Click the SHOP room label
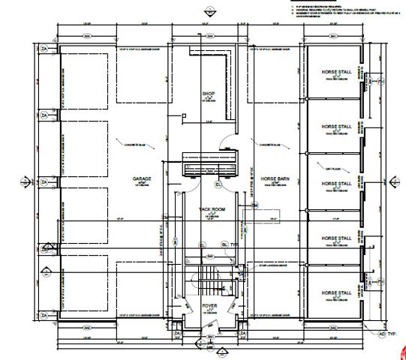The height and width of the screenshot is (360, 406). click(209, 94)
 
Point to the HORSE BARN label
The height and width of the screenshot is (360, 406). click(275, 180)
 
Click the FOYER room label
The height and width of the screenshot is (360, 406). click(209, 307)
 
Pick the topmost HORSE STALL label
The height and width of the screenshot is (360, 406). click(335, 72)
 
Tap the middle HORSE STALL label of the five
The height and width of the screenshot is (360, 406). click(335, 183)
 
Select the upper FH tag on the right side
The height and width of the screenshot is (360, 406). click(380, 81)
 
